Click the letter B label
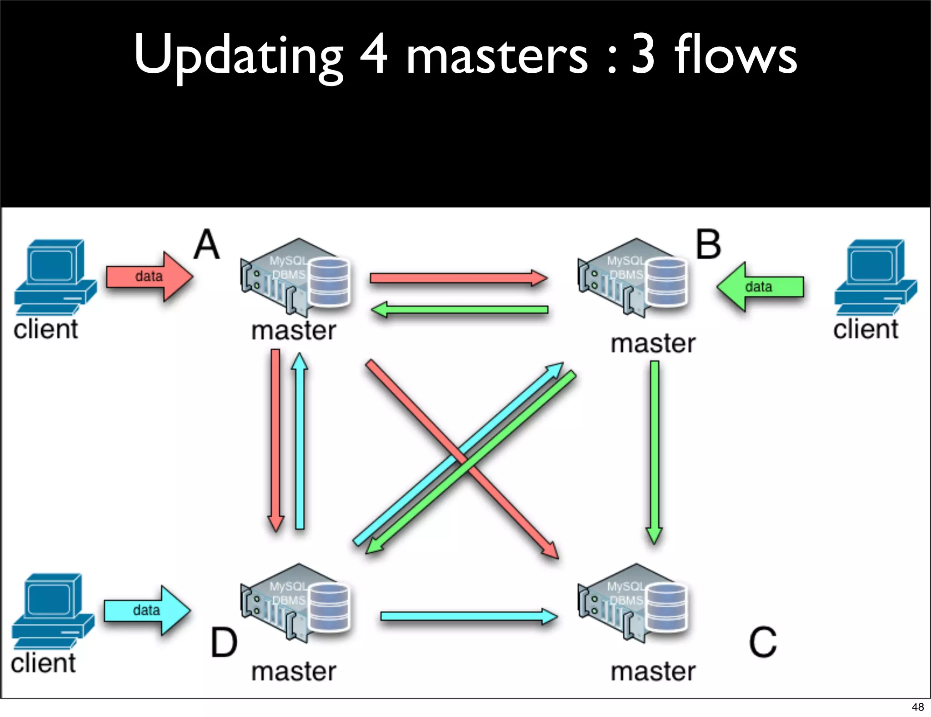tap(708, 245)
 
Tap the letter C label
tap(762, 641)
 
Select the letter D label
tap(224, 642)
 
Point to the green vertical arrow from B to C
tap(654, 450)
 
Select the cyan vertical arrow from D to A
tap(300, 441)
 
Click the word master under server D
tap(294, 672)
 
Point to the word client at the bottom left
tap(43, 663)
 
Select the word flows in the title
tap(735, 55)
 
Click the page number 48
tap(917, 707)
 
